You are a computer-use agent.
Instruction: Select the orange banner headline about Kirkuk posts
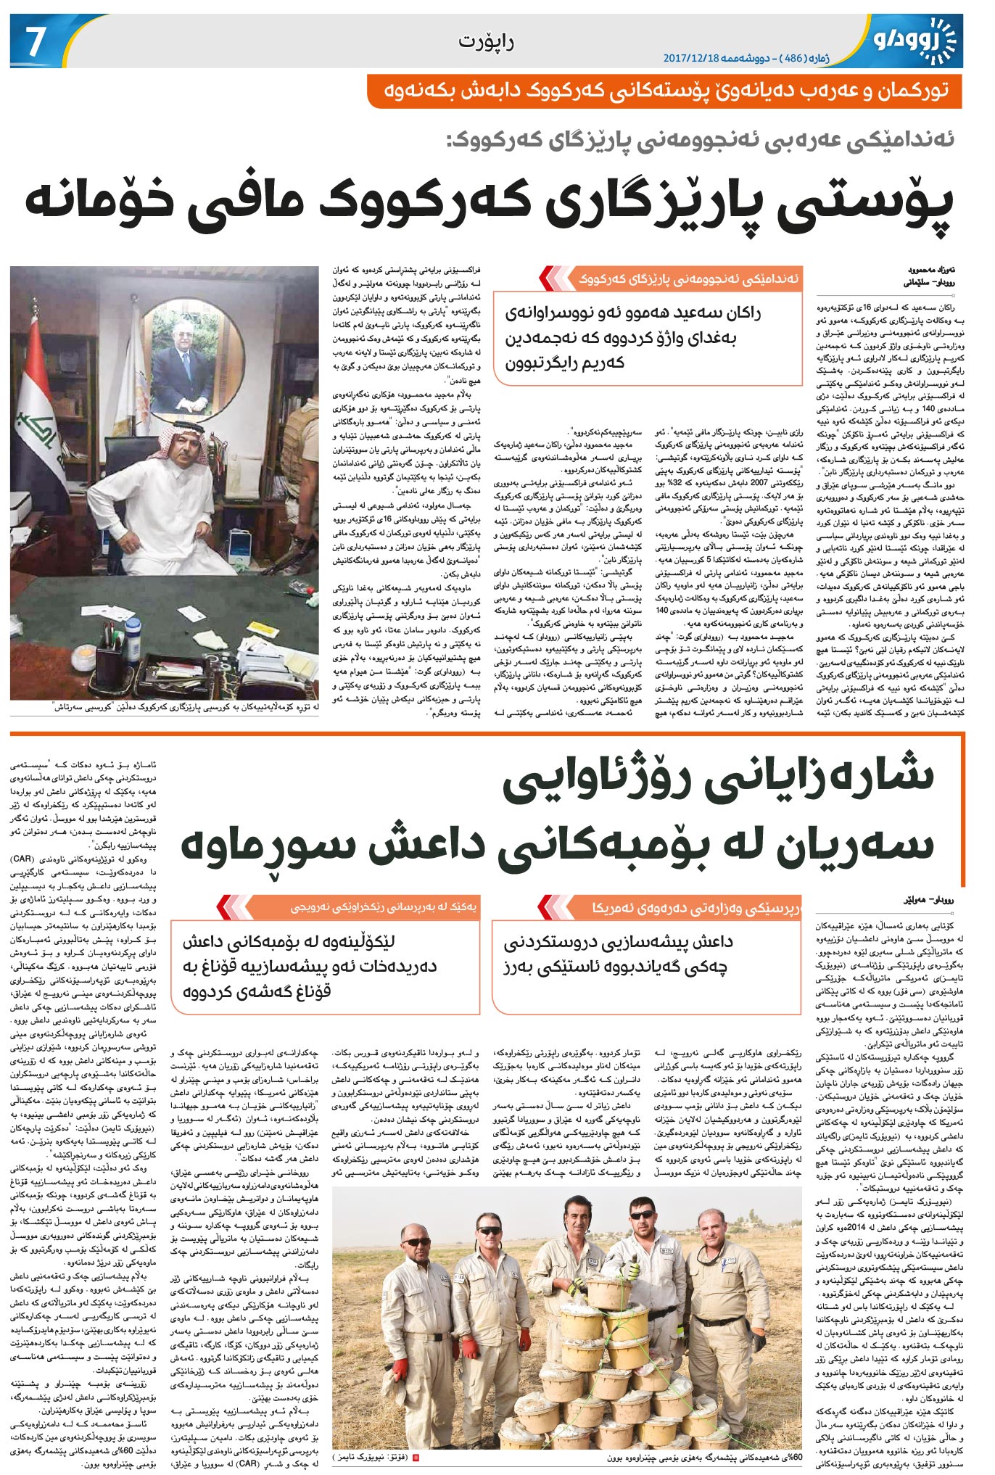(x=664, y=92)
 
